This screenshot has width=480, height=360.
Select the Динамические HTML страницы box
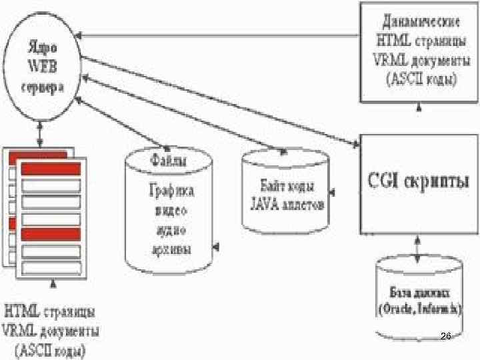click(x=419, y=52)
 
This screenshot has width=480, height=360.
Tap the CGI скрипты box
click(x=419, y=183)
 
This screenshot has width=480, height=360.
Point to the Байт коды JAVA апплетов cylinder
click(x=285, y=193)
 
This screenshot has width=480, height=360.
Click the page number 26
click(x=446, y=339)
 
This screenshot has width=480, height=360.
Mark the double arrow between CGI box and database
click(x=418, y=244)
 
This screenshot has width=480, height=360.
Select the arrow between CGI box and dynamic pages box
click(x=419, y=117)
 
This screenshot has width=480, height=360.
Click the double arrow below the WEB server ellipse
click(x=42, y=133)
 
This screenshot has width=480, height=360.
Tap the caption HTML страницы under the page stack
click(x=50, y=311)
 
